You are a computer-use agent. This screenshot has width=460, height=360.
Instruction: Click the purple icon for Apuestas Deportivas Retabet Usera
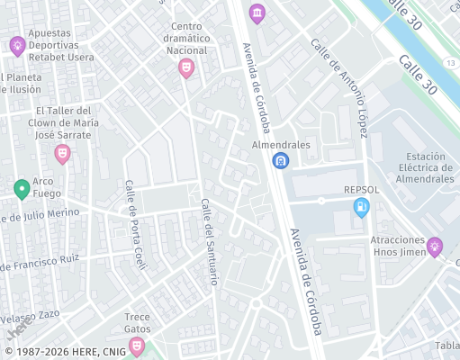pyautogui.click(x=17, y=45)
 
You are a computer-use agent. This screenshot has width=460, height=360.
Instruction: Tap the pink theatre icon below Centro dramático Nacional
pyautogui.click(x=186, y=67)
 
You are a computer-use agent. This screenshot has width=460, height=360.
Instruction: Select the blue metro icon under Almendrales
pyautogui.click(x=281, y=160)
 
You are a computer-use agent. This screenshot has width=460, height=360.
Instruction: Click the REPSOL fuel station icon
pyautogui.click(x=362, y=208)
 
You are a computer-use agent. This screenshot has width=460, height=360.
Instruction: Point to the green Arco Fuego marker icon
pyautogui.click(x=22, y=189)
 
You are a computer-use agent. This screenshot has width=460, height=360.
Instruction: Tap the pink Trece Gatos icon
pyautogui.click(x=137, y=346)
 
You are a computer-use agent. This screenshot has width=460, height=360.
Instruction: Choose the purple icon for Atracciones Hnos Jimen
pyautogui.click(x=435, y=246)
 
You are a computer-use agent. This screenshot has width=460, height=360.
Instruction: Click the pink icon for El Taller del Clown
pyautogui.click(x=62, y=154)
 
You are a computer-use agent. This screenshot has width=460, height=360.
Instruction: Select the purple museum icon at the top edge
pyautogui.click(x=257, y=13)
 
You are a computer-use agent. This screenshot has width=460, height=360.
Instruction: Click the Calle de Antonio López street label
pyautogui.click(x=339, y=87)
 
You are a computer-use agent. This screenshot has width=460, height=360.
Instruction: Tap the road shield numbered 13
pyautogui.click(x=449, y=62)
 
